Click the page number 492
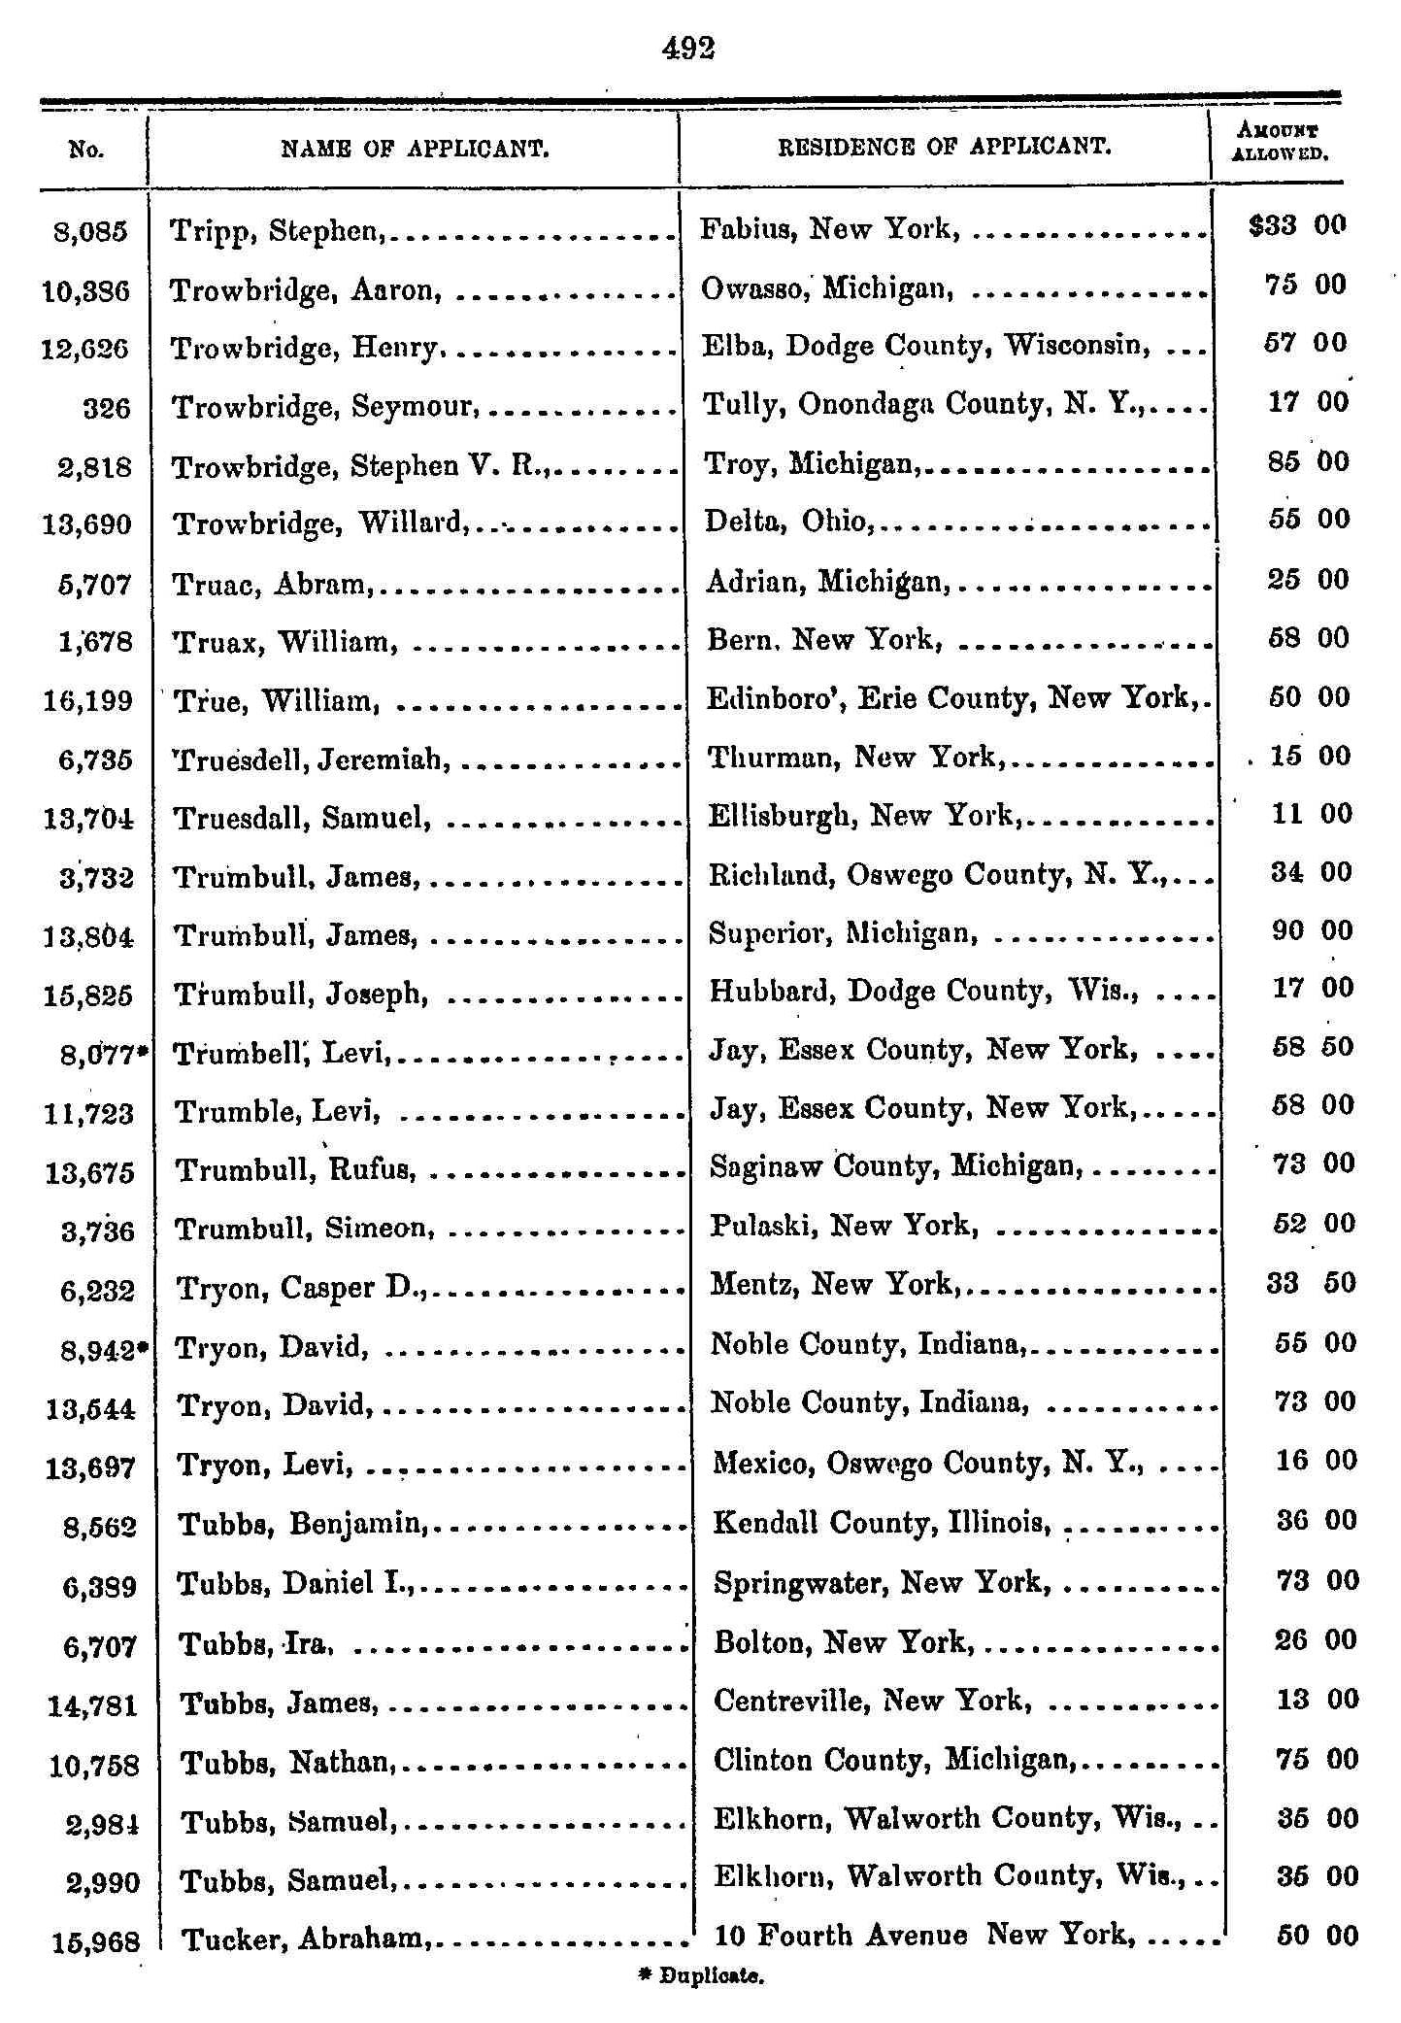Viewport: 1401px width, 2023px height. (687, 48)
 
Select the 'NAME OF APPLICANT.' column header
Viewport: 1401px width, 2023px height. (416, 149)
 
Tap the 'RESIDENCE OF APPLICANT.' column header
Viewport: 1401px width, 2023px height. (945, 147)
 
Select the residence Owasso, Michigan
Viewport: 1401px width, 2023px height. (828, 287)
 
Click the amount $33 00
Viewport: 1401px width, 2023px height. (1296, 226)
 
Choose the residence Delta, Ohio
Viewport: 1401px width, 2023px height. (787, 522)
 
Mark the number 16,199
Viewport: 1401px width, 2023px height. (87, 700)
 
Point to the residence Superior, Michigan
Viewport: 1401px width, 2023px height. (842, 933)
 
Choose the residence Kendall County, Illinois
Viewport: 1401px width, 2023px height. (881, 1522)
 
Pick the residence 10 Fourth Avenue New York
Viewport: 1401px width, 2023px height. (922, 1936)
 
